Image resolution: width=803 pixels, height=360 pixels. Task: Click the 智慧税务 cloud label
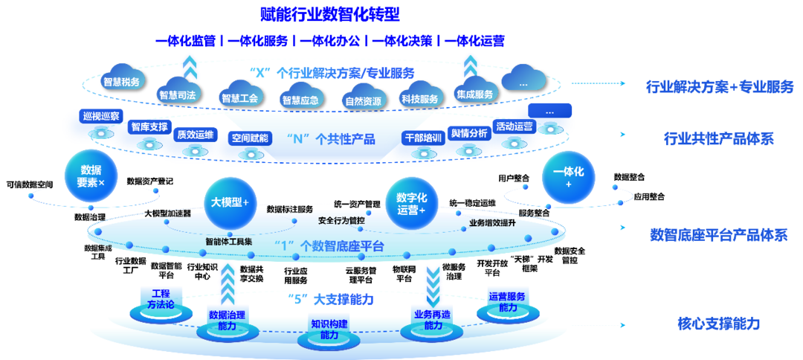tap(123, 82)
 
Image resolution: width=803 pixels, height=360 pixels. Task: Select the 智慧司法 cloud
tap(178, 94)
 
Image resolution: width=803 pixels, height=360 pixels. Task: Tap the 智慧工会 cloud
tap(239, 97)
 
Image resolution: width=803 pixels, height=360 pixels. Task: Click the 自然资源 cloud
tap(364, 100)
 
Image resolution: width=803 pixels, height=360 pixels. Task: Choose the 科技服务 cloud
tap(419, 98)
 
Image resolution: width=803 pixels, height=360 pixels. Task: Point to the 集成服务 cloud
tap(474, 94)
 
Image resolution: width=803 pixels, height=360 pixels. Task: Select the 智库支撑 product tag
tap(150, 126)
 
